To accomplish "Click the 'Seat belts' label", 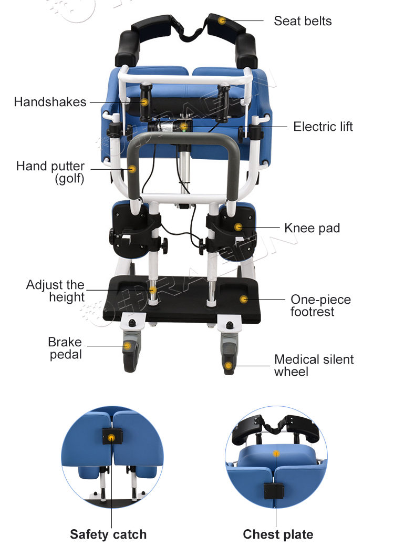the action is click(303, 21).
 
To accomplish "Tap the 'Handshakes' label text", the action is click(50, 102).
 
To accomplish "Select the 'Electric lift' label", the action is click(323, 127).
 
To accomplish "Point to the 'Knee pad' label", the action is click(312, 228).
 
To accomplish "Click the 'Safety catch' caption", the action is click(108, 534).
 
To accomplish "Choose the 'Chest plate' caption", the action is click(278, 534).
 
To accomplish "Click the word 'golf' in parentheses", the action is click(69, 178).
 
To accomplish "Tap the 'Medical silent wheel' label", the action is click(314, 366).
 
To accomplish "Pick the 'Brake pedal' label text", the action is click(65, 348).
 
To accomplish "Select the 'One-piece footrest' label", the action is click(320, 305).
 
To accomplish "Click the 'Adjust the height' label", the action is click(55, 291).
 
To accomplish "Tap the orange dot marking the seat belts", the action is click(222, 20).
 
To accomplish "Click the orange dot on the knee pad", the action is click(239, 227).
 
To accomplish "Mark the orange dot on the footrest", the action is click(244, 300).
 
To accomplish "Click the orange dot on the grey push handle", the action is click(132, 169).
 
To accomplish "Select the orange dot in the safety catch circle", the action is click(111, 438).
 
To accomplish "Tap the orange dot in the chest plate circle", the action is click(276, 454).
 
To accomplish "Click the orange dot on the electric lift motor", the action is click(183, 127).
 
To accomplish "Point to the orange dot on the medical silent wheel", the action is click(229, 366).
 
